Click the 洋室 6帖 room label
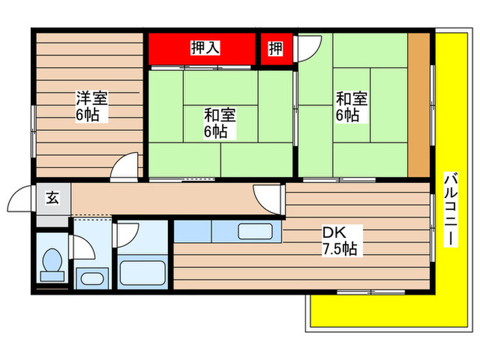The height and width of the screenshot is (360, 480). coord(91,106)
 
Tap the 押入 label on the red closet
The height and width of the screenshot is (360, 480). coord(204,48)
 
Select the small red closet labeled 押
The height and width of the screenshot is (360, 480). coord(275,48)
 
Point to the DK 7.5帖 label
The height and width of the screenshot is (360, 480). coord(339,240)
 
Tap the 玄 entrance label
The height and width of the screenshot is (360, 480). coord(52,199)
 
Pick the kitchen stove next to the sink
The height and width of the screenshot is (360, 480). coord(256,232)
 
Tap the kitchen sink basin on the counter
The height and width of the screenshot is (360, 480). coord(222,232)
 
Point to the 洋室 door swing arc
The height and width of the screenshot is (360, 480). coord(124,167)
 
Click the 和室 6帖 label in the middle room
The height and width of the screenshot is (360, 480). coord(219,122)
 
